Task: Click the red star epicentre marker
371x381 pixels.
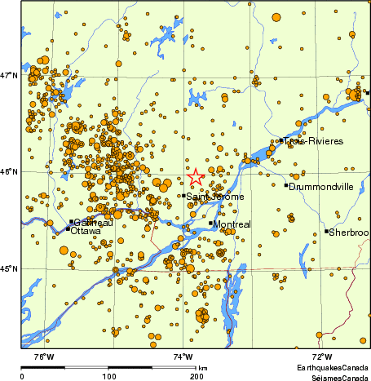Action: pos(196,177)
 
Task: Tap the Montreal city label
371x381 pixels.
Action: pos(232,224)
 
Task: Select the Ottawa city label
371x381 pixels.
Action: pos(86,232)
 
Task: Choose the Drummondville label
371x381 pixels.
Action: pos(321,186)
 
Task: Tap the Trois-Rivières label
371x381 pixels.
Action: pos(314,142)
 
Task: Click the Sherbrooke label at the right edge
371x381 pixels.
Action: pos(351,233)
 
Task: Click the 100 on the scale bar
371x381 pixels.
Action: pos(108,376)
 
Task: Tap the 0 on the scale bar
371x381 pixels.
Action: pos(21,376)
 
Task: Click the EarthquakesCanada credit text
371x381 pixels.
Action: pos(331,369)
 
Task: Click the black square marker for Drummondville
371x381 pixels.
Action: pos(286,186)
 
